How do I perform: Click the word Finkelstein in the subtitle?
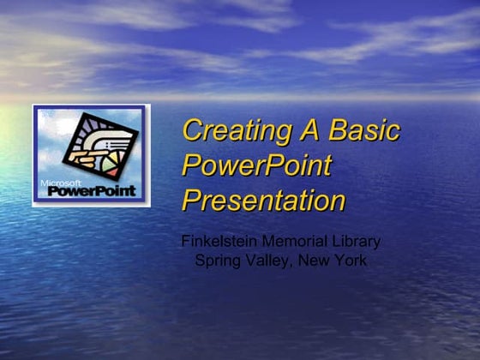[215, 242]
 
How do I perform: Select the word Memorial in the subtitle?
[292, 242]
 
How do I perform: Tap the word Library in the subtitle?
[357, 242]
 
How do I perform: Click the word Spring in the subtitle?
[218, 261]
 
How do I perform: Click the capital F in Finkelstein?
[186, 242]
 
